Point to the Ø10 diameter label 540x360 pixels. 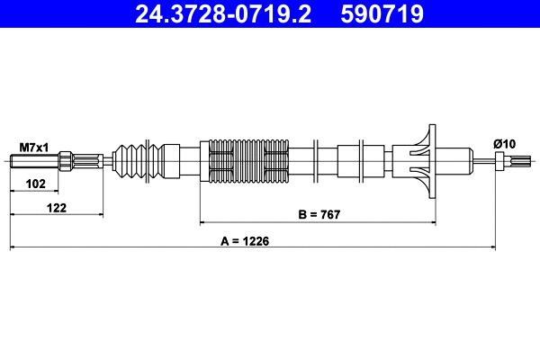[x=504, y=145]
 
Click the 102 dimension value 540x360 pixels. [x=34, y=183]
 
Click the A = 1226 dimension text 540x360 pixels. [x=246, y=240]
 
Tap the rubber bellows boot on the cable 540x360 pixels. [x=135, y=162]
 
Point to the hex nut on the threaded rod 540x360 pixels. [x=67, y=162]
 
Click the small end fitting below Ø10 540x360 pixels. [x=504, y=162]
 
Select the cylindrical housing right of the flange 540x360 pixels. [x=454, y=162]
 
